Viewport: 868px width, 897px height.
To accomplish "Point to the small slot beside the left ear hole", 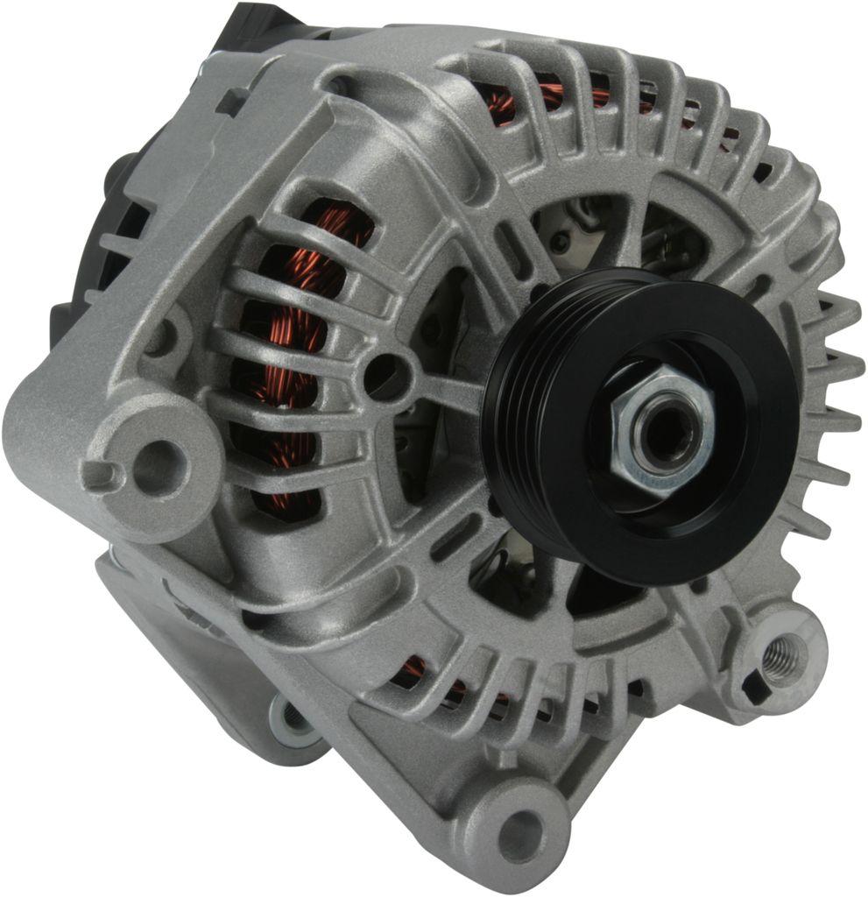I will pyautogui.click(x=102, y=478).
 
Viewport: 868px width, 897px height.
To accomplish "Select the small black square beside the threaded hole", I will pyautogui.click(x=750, y=686).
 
